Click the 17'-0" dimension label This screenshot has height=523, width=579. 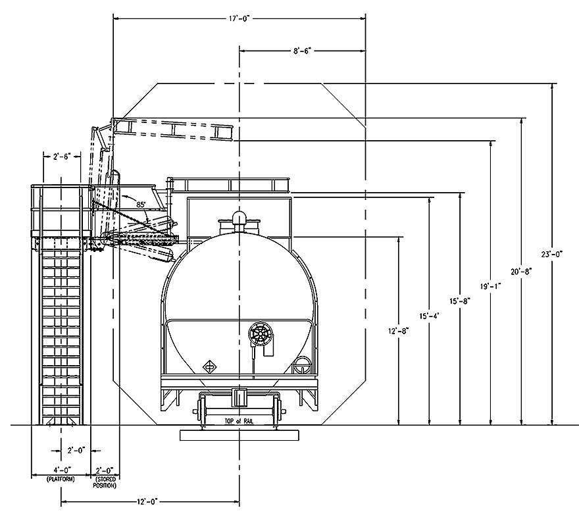point(239,18)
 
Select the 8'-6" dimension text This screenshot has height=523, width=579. point(303,51)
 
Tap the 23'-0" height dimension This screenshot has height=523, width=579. point(551,254)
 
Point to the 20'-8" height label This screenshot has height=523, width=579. point(521,272)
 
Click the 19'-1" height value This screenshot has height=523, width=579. point(491,286)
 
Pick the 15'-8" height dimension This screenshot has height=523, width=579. point(460,301)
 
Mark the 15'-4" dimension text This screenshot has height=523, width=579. point(429,316)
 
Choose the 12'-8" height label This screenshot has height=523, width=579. point(399,331)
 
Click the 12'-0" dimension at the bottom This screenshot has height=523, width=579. point(147,501)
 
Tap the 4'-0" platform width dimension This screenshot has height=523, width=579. point(62,470)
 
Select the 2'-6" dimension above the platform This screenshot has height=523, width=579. point(62,157)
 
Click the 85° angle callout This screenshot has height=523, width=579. point(141,204)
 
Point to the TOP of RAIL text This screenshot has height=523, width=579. point(239,421)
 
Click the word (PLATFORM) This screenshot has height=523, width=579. point(61,480)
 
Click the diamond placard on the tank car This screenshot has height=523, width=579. point(209,367)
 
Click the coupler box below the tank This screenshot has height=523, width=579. point(239,397)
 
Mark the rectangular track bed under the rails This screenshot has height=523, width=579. point(239,435)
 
